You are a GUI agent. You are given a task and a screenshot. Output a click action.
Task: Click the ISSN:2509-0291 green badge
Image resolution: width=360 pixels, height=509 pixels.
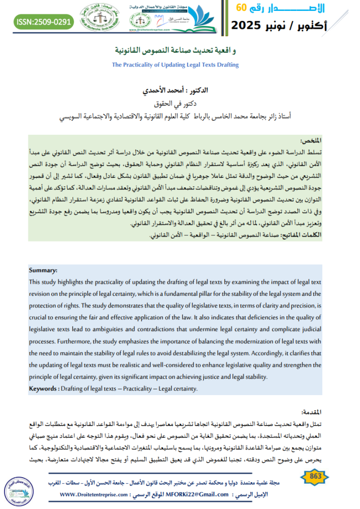pos(44,22)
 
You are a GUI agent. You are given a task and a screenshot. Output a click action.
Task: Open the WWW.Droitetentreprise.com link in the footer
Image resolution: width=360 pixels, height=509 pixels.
pos(95,495)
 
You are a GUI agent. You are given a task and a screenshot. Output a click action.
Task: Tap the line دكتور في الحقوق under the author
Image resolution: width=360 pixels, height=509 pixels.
pos(180,104)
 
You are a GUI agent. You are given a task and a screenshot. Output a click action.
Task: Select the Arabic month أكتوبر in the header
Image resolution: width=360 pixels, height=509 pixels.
pos(322,25)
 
